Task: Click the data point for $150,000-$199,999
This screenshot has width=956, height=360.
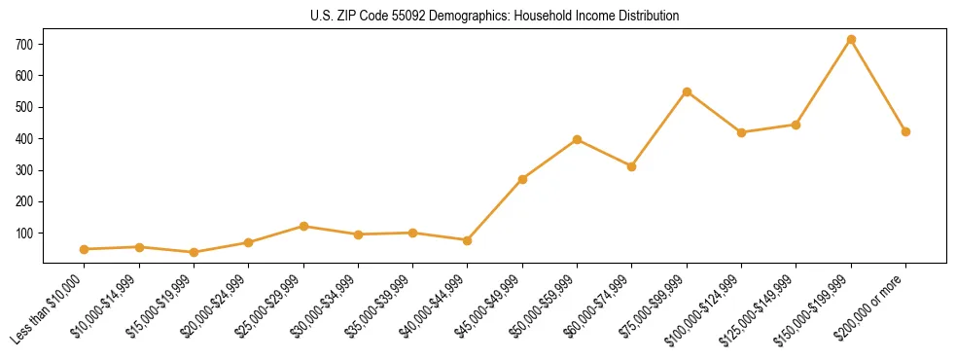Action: click(851, 40)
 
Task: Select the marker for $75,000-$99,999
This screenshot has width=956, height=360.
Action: click(687, 92)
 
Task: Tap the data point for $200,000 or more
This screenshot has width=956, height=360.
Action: click(905, 131)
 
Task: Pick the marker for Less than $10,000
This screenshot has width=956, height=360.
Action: click(85, 249)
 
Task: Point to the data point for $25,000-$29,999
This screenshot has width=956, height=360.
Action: click(303, 226)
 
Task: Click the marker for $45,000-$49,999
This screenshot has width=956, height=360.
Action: click(522, 179)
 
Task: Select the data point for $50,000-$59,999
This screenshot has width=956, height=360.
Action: click(578, 139)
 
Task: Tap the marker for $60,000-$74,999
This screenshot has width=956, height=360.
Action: click(632, 166)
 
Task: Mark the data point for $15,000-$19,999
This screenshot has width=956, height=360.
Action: click(194, 253)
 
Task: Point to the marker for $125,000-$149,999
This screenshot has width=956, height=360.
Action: click(797, 125)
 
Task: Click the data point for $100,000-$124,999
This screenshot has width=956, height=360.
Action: click(741, 132)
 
